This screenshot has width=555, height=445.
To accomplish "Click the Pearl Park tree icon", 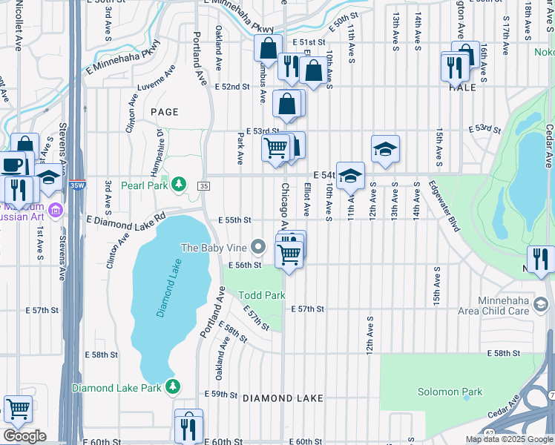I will (179, 183).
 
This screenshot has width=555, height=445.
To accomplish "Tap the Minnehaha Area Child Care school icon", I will (541, 303).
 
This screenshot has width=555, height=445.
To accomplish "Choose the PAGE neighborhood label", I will (165, 112).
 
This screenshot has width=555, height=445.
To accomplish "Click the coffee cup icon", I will (12, 164).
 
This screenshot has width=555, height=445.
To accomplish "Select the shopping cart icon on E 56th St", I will (288, 254).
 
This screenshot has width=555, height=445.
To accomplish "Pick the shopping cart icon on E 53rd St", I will (276, 148).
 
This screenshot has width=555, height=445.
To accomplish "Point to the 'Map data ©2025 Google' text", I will (508, 439).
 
